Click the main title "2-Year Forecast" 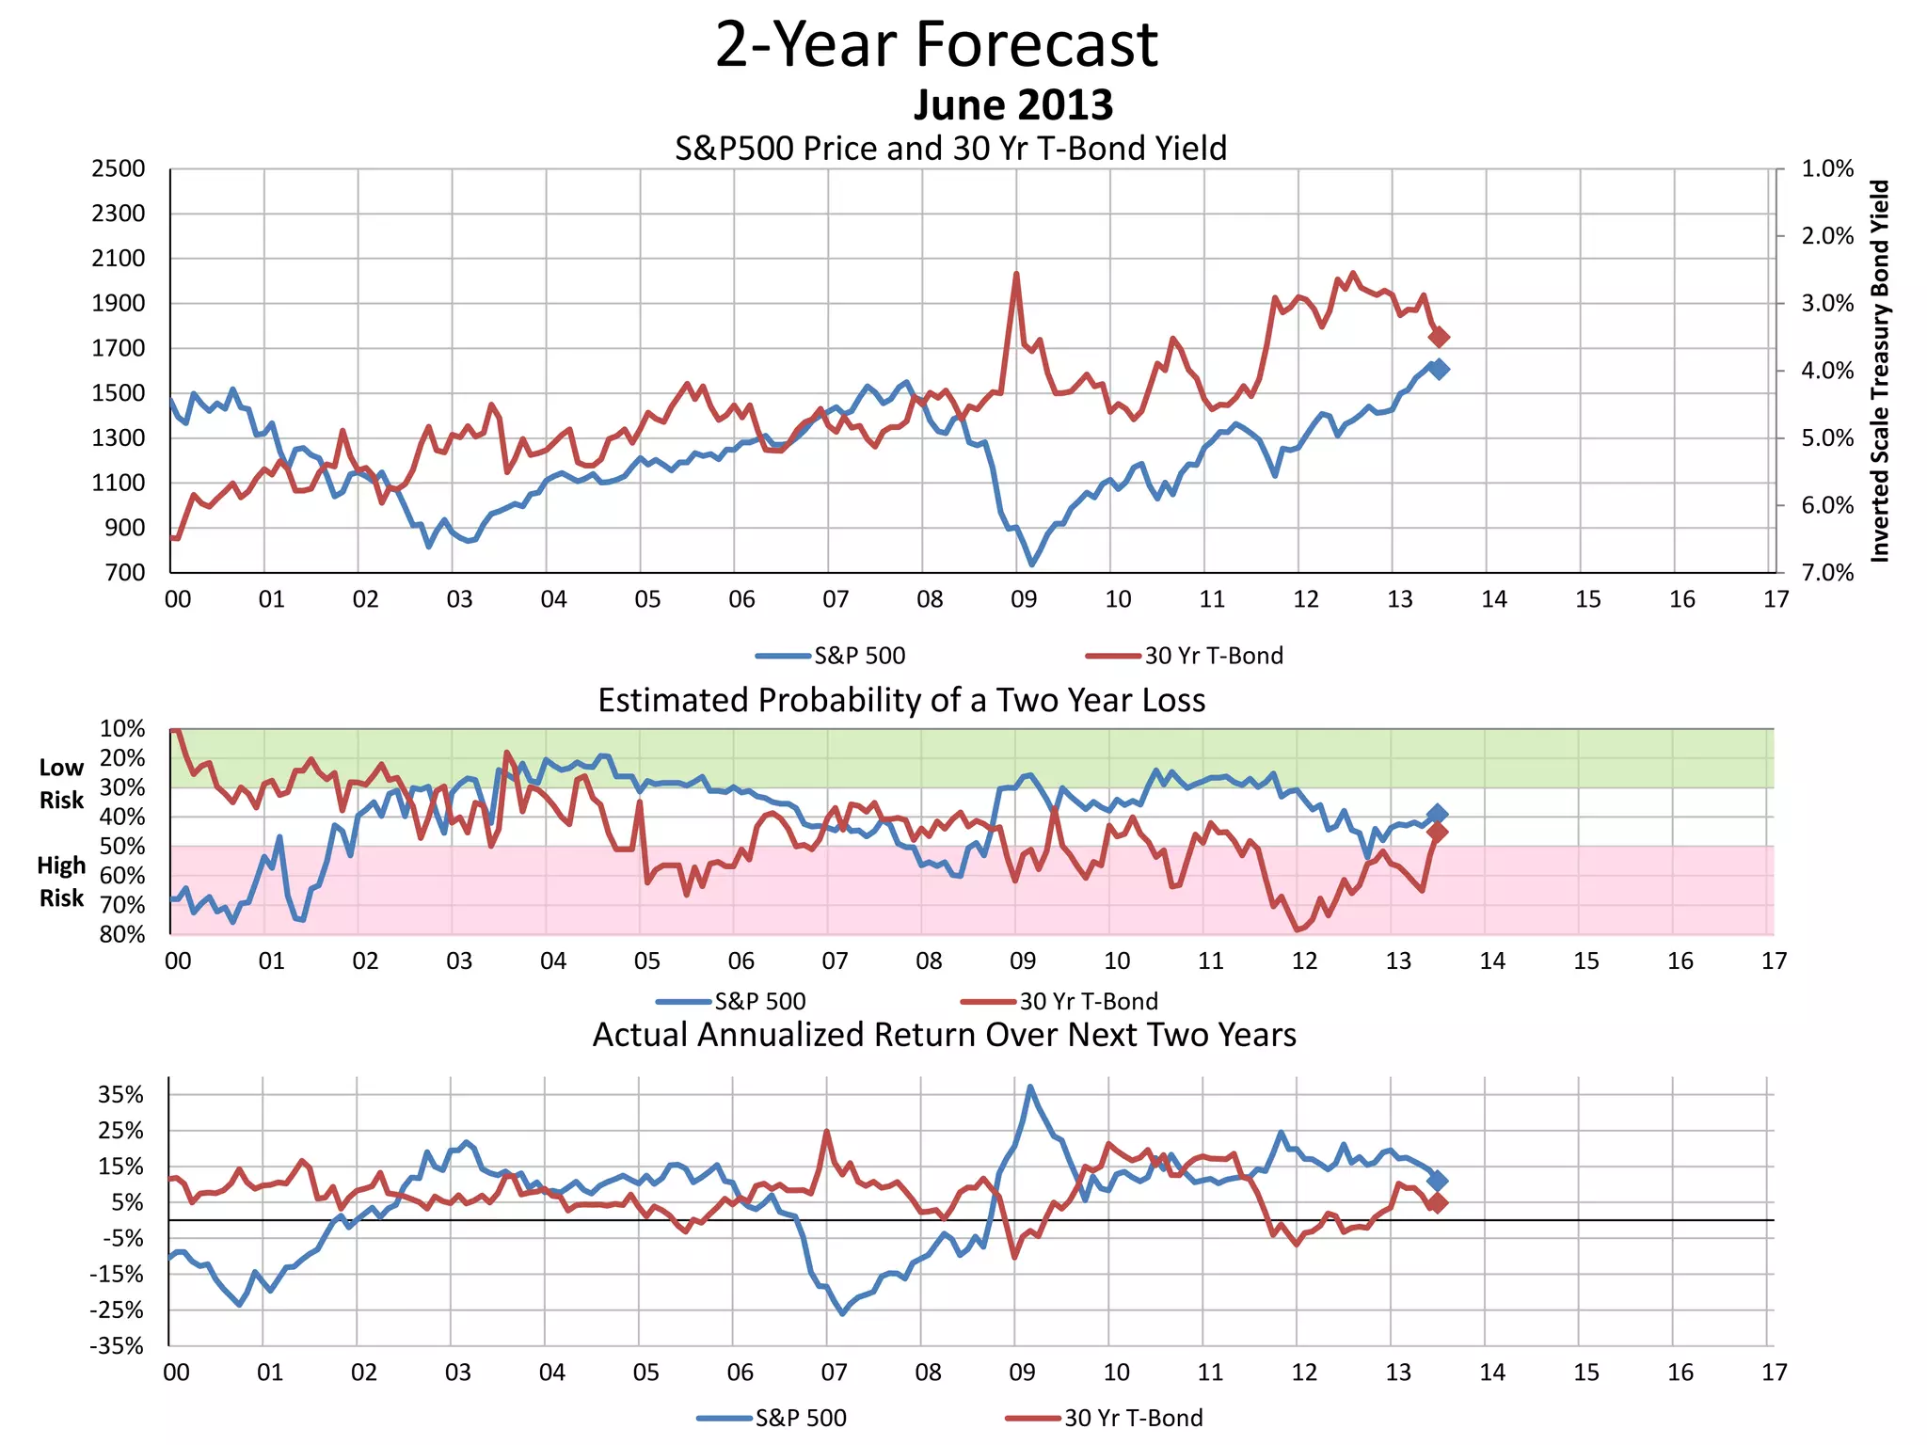click(x=936, y=44)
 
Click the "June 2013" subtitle click(x=1012, y=104)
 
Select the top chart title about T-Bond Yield click(x=950, y=149)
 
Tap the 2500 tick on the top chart click(x=119, y=169)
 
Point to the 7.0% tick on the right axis click(x=1827, y=573)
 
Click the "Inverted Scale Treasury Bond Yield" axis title click(x=1879, y=372)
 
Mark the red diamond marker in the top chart click(x=1439, y=337)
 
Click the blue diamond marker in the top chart click(x=1439, y=370)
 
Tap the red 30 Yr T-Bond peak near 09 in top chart click(x=1016, y=275)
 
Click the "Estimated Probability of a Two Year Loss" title click(x=901, y=701)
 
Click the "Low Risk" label click(x=62, y=784)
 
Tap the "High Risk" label click(x=62, y=881)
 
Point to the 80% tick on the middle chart click(x=122, y=934)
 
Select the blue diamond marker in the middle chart click(x=1437, y=815)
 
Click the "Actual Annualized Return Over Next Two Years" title click(x=944, y=1035)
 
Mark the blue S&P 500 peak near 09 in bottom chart click(x=1030, y=1088)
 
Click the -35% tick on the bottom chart click(x=117, y=1346)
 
